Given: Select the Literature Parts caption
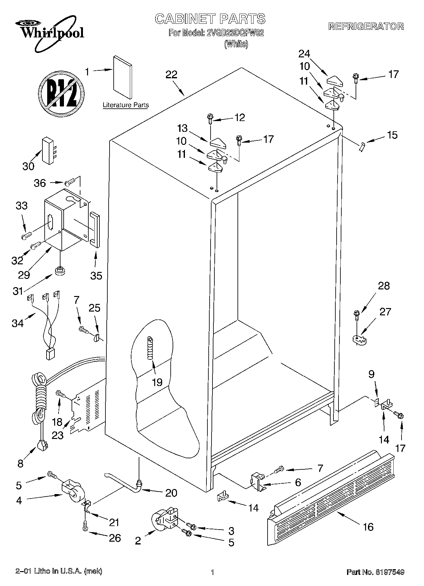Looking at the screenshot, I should [126, 105].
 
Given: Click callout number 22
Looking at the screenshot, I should [172, 75].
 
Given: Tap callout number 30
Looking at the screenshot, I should [28, 166].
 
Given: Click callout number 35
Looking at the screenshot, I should [96, 275].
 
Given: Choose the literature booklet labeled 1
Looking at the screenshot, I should [123, 78].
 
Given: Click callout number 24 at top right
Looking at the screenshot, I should [304, 54].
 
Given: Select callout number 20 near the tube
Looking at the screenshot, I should [171, 493].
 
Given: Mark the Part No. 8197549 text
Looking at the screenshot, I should [375, 572].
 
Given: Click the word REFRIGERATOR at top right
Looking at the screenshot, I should [366, 26].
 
